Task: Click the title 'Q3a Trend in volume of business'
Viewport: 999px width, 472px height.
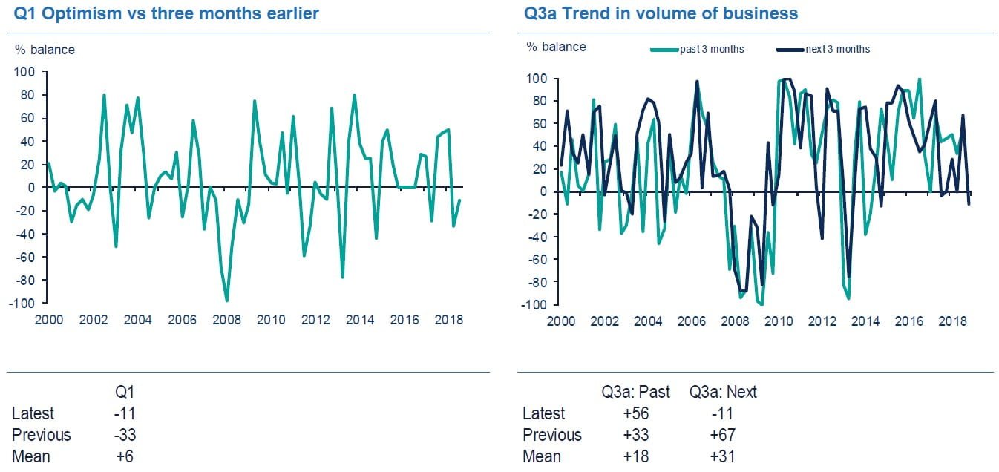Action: click(661, 14)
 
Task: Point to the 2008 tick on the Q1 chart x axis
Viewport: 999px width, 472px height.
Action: click(226, 320)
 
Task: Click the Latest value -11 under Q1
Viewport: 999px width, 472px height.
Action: click(124, 413)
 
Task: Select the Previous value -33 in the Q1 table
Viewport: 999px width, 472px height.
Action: click(124, 435)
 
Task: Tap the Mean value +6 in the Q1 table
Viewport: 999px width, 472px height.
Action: click(125, 456)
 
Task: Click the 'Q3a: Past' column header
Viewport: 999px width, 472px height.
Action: click(635, 392)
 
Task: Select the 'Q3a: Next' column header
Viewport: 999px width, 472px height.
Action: click(723, 392)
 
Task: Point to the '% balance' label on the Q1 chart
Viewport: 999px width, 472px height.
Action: click(45, 50)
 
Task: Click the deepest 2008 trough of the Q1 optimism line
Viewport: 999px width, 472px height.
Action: click(226, 300)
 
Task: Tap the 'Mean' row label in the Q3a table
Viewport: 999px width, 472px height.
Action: click(542, 456)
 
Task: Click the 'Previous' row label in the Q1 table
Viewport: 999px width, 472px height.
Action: click(42, 435)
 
